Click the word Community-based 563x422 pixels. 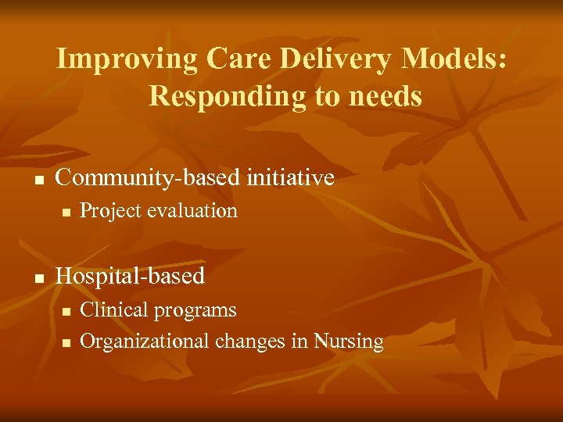point(146,178)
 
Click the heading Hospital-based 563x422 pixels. point(130,276)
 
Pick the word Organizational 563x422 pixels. point(145,342)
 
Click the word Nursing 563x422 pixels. point(349,342)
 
